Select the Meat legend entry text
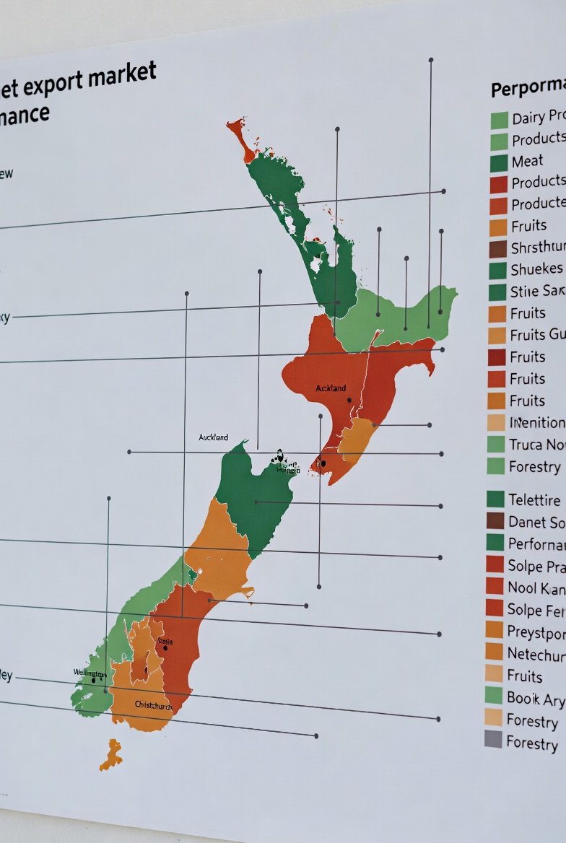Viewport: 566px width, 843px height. click(x=527, y=161)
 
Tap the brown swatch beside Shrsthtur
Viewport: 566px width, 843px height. click(x=498, y=249)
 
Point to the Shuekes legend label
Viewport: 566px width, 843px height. click(x=536, y=269)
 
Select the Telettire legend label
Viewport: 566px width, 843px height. click(x=534, y=499)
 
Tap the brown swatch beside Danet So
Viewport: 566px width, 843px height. click(x=495, y=520)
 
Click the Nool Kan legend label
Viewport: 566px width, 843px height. click(x=535, y=588)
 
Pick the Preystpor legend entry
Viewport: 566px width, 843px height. click(x=535, y=632)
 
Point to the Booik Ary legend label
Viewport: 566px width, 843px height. click(x=535, y=698)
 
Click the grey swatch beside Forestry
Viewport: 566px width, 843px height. click(x=493, y=738)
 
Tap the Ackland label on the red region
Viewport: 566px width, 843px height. click(x=331, y=388)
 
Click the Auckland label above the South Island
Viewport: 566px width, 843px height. click(x=213, y=437)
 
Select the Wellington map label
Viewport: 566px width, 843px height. click(x=90, y=673)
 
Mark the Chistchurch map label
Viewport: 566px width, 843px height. click(x=153, y=705)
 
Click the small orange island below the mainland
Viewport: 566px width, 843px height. click(x=111, y=754)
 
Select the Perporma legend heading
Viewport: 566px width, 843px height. click(x=528, y=87)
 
